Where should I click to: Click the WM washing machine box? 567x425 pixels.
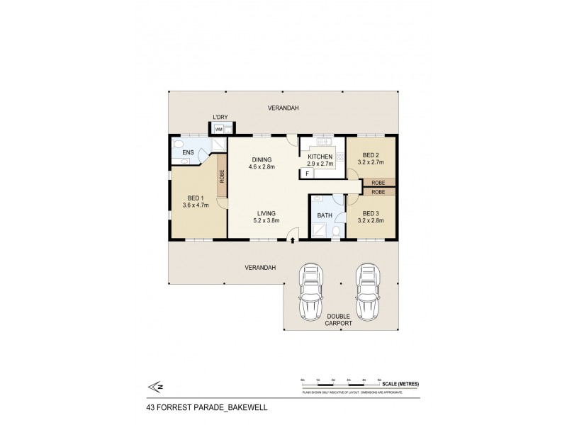[x=219, y=130]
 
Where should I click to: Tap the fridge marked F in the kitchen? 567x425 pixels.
[x=307, y=173]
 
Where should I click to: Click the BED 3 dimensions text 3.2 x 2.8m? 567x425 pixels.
[x=373, y=220]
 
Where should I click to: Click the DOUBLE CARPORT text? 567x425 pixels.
[x=338, y=321]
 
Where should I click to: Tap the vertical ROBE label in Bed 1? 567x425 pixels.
[x=222, y=176]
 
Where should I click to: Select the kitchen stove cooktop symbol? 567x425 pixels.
[x=339, y=158]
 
